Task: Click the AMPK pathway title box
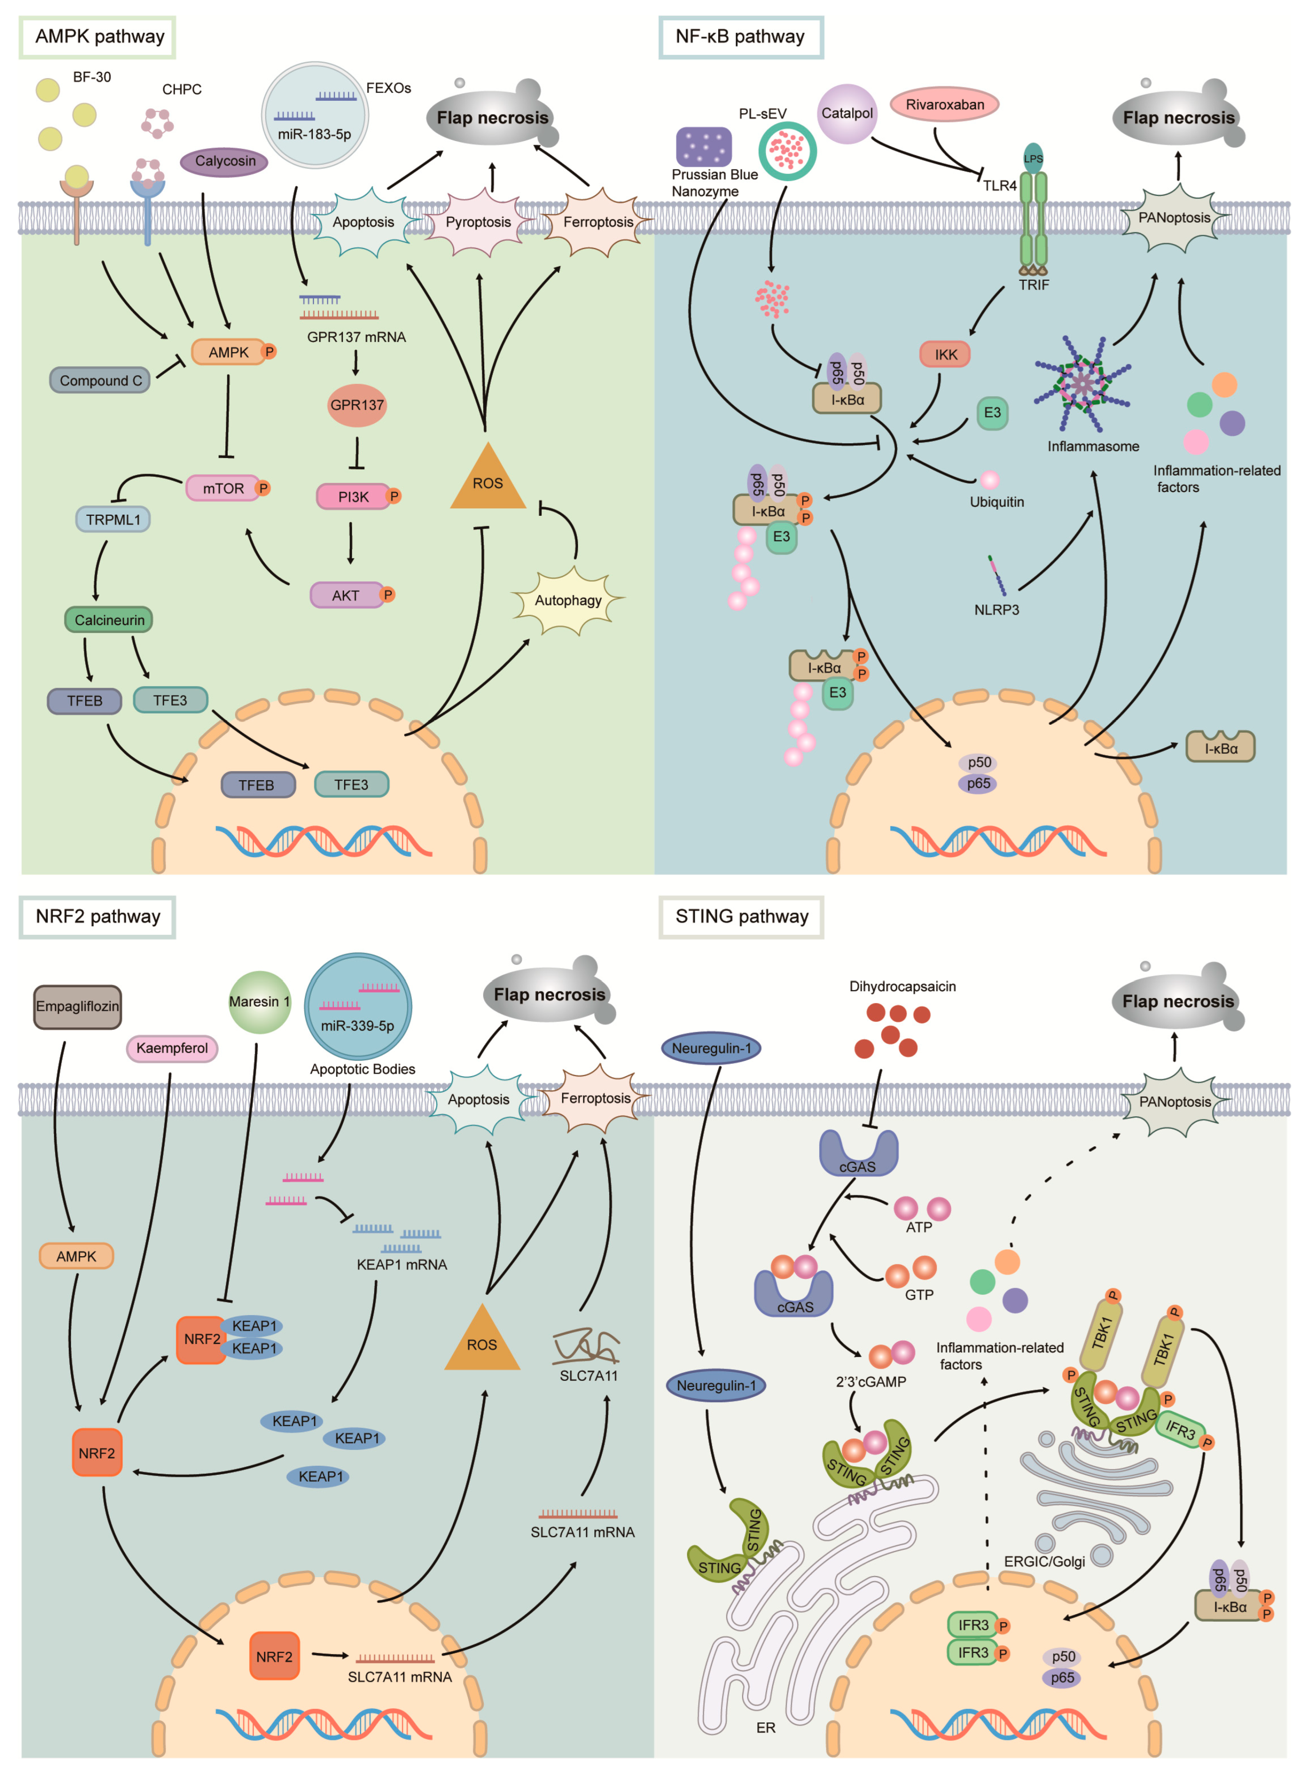[98, 37]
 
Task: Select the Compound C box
[100, 380]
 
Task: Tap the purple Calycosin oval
[225, 161]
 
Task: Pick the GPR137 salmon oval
[357, 405]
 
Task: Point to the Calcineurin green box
[109, 619]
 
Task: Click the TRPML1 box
[113, 519]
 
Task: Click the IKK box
[945, 354]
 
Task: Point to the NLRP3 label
[996, 609]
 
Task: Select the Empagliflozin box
[77, 1006]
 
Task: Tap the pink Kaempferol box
[172, 1048]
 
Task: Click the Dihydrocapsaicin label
[902, 987]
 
